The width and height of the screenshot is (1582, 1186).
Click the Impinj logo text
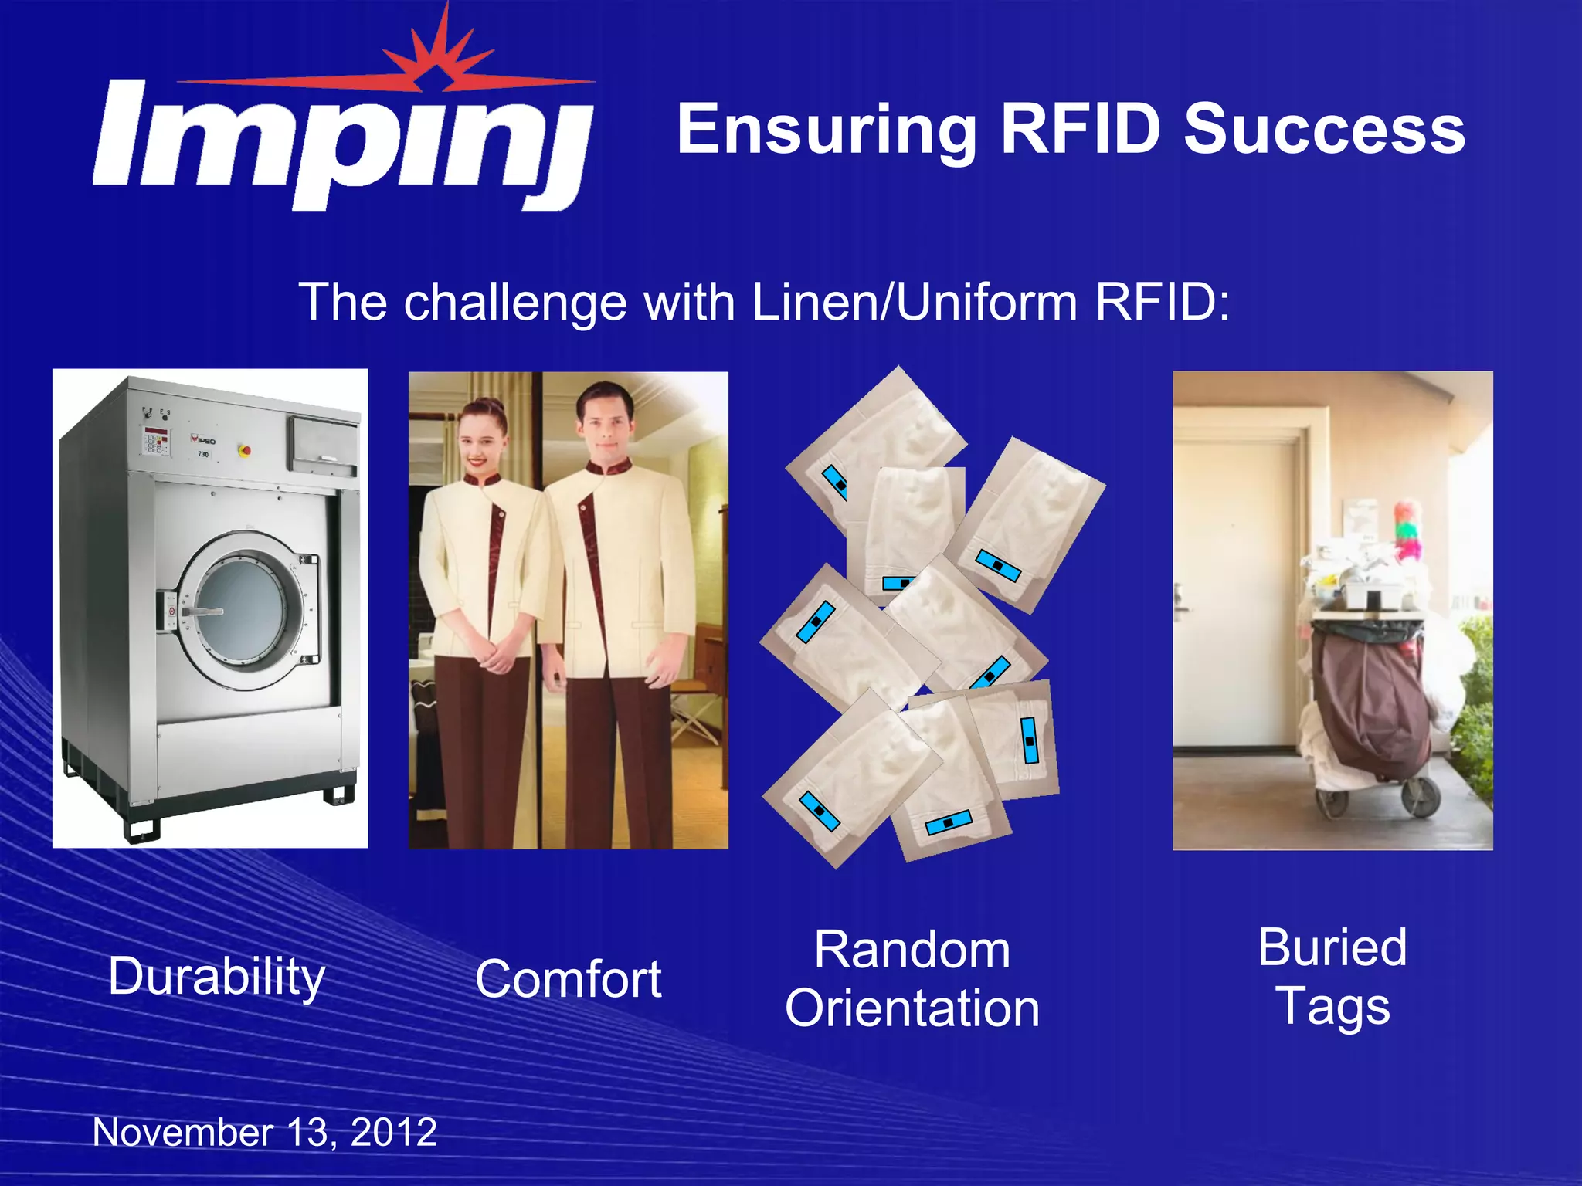tap(340, 143)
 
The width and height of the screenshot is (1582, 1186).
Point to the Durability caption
tap(216, 978)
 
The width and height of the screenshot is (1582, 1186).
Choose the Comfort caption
tap(568, 979)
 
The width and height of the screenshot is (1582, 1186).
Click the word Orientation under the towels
tap(912, 1008)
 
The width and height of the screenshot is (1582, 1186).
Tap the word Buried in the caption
tap(1332, 947)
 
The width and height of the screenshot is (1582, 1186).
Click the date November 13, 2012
tap(265, 1133)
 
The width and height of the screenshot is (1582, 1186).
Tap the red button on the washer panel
tap(246, 449)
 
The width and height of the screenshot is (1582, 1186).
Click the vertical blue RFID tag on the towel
tap(1029, 740)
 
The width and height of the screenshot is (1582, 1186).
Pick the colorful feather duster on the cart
tap(1406, 529)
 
